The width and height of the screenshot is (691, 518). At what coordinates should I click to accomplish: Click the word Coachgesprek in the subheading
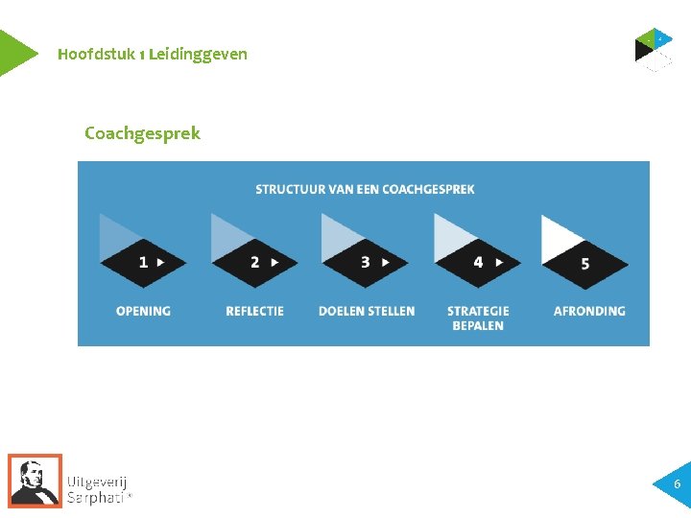click(x=142, y=133)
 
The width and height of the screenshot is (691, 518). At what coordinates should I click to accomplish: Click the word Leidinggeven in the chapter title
click(x=199, y=54)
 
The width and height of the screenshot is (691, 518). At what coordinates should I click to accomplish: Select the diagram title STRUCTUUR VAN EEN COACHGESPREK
click(x=365, y=189)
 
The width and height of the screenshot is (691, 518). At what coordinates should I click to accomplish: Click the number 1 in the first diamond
click(x=143, y=261)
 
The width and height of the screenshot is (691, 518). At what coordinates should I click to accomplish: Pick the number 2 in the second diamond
click(x=254, y=261)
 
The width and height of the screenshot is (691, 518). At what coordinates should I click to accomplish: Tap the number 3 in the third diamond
click(x=365, y=261)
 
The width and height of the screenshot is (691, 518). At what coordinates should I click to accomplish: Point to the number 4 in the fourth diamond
click(x=477, y=261)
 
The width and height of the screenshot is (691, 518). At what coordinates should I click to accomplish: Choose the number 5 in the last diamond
click(x=585, y=263)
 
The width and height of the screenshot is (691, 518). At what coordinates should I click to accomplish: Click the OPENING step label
click(x=143, y=311)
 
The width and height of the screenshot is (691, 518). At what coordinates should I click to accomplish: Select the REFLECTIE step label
click(x=254, y=311)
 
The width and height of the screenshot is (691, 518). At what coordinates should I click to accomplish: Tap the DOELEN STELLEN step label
click(x=367, y=311)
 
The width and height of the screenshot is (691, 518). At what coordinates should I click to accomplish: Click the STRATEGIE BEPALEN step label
click(x=478, y=318)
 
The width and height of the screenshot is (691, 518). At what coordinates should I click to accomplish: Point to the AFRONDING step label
click(x=589, y=311)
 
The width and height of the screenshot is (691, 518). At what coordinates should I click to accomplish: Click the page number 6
click(x=677, y=484)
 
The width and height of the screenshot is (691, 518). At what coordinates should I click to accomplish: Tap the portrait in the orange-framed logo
click(x=36, y=480)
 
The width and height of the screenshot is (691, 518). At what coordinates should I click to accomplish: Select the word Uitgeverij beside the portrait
click(x=97, y=482)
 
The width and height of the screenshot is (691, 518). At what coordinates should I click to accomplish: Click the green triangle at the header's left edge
click(x=13, y=53)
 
